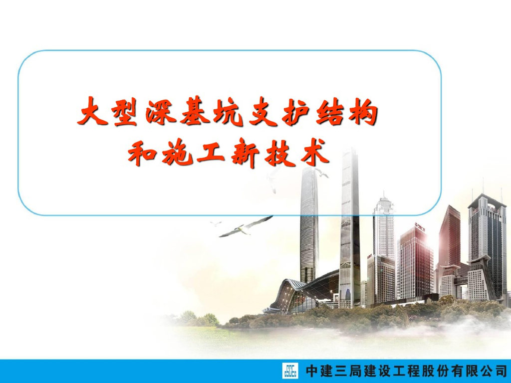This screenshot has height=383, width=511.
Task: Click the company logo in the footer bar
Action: coord(290,372)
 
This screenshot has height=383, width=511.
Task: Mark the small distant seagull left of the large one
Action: coord(216,223)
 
